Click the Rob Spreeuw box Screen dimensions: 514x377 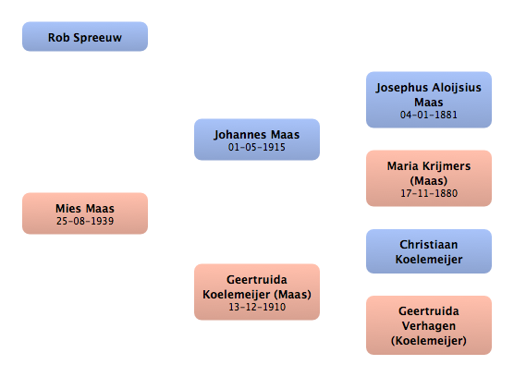[x=85, y=36]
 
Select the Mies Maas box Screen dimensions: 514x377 [x=85, y=213]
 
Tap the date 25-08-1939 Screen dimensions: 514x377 [x=85, y=221]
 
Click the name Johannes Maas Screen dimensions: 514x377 [x=257, y=135]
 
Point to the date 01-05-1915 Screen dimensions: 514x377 [x=257, y=147]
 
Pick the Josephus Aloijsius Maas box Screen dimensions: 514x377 [x=429, y=100]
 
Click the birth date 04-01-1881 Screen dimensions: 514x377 [x=429, y=115]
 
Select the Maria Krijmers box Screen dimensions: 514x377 [x=429, y=178]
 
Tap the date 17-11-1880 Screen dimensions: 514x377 [x=429, y=193]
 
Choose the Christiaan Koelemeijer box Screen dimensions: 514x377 [x=429, y=251]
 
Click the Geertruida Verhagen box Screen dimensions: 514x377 [x=429, y=325]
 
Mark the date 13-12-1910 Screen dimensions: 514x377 [x=257, y=307]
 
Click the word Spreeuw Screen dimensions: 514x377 [x=98, y=38]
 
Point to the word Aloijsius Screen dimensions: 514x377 [x=457, y=88]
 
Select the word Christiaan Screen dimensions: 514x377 [x=429, y=244]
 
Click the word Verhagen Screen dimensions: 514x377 [x=429, y=326]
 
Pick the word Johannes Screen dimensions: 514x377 [x=239, y=135]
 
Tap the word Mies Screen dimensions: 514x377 [x=68, y=209]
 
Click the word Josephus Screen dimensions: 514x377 [x=402, y=88]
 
